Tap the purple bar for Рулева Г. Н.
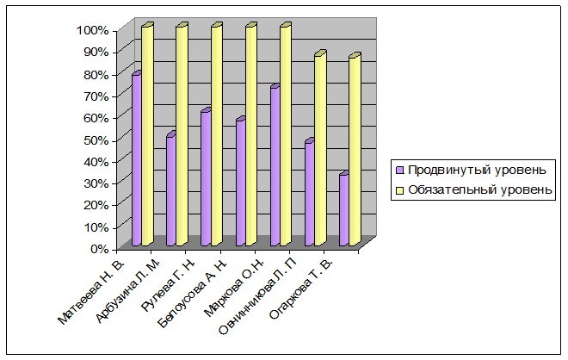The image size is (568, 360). pyautogui.click(x=207, y=177)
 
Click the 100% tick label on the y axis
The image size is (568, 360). pyautogui.click(x=92, y=30)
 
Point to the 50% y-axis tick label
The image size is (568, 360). pyautogui.click(x=96, y=140)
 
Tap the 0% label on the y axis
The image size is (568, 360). pyautogui.click(x=99, y=249)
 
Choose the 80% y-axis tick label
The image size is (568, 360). pyautogui.click(x=96, y=75)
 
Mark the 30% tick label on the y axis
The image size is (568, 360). pyautogui.click(x=96, y=183)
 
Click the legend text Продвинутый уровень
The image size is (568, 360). pyautogui.click(x=477, y=170)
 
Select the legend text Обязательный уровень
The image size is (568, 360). pyautogui.click(x=480, y=189)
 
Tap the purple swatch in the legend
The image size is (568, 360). pyautogui.click(x=400, y=170)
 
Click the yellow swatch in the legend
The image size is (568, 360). pyautogui.click(x=400, y=190)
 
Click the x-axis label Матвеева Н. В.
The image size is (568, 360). pyautogui.click(x=91, y=292)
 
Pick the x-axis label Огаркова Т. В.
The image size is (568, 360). pyautogui.click(x=301, y=289)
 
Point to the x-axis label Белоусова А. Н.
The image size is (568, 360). pyautogui.click(x=193, y=294)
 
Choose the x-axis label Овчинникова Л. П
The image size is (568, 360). pyautogui.click(x=258, y=297)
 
